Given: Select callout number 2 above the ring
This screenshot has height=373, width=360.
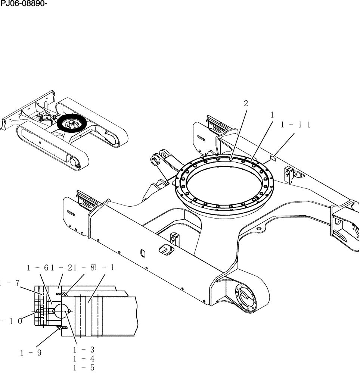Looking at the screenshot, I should (x=246, y=104).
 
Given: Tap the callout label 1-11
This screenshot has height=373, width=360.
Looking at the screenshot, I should (x=296, y=125).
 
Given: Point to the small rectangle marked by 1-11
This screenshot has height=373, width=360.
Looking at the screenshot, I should (x=272, y=159).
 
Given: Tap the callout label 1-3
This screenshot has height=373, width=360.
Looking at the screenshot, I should (x=83, y=350).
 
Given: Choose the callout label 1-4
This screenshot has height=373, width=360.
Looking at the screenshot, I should (x=83, y=358).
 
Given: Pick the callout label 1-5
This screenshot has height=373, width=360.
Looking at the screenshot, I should (x=83, y=367).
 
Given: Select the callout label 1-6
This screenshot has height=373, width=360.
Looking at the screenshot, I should (x=38, y=267).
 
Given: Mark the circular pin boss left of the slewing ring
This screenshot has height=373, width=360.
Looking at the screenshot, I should (x=155, y=161).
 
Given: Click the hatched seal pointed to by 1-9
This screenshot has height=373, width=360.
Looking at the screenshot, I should (x=60, y=327).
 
